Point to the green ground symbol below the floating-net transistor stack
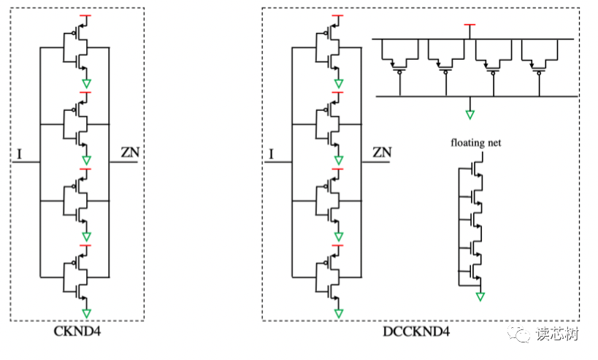480,296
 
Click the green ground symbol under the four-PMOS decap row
471,115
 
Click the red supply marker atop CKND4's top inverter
86,15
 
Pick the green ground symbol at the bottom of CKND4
86,313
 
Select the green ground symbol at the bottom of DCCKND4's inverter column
339,313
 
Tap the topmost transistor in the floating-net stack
475,168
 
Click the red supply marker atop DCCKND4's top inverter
339,15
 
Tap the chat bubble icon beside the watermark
523,334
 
